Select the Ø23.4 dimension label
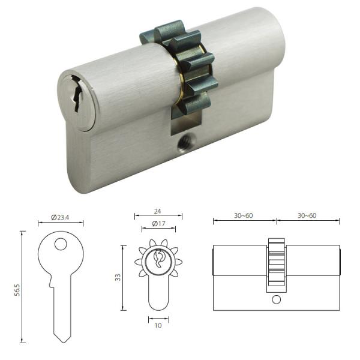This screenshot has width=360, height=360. pos(60,216)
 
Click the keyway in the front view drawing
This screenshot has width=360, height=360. pos(159,260)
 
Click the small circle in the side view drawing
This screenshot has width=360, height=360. pos(276,299)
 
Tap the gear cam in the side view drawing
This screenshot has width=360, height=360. pos(276,264)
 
